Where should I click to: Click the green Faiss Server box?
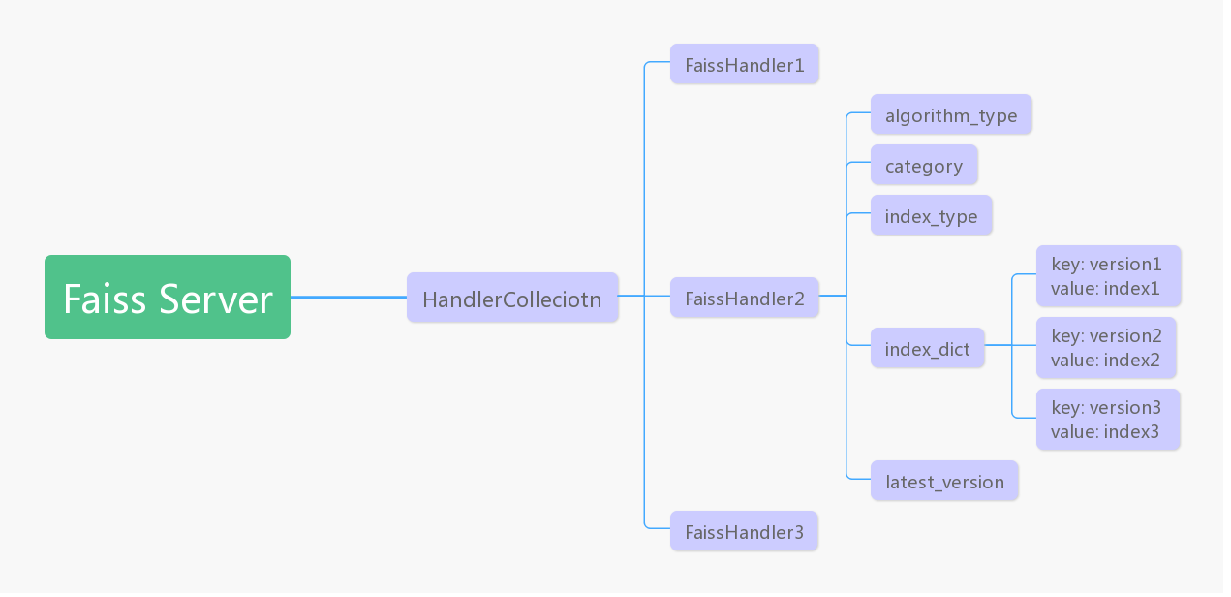167,297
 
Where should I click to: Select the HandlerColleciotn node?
511,298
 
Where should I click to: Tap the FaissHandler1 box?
744,64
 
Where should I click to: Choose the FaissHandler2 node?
744,298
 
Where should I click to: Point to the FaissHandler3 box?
744,531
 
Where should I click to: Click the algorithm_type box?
950,114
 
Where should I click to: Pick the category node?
923,165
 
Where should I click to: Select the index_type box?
931,215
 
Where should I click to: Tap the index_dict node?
927,348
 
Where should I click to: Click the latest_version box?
943,481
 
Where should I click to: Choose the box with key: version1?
1108,275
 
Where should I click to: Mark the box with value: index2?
1106,347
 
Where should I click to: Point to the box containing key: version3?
1107,420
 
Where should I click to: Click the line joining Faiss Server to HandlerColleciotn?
349,297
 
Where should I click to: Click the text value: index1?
1105,288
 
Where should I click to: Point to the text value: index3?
1104,432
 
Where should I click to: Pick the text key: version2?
1106,335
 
